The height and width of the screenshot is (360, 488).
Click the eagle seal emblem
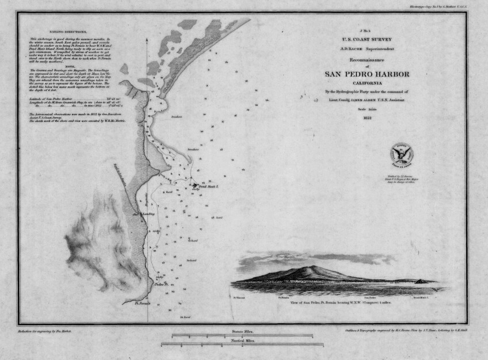click(402, 154)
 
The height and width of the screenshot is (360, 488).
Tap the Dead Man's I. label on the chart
click(209, 186)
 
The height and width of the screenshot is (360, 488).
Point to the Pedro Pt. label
click(161, 284)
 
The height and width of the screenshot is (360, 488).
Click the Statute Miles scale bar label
click(242, 332)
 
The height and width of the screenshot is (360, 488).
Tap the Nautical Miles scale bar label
click(242, 342)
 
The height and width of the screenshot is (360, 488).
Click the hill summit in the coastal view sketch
click(311, 267)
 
